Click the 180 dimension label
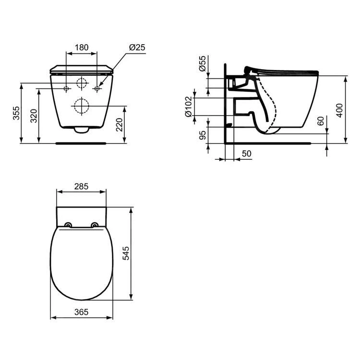pos(82,47)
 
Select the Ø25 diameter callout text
pos(137,47)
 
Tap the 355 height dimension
pos(16,113)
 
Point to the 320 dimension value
pos(34,116)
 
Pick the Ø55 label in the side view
pos(202,64)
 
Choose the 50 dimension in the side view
pos(247,154)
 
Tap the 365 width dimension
pos(81,312)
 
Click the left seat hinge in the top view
pos(68,225)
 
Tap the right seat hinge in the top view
pos(95,225)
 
